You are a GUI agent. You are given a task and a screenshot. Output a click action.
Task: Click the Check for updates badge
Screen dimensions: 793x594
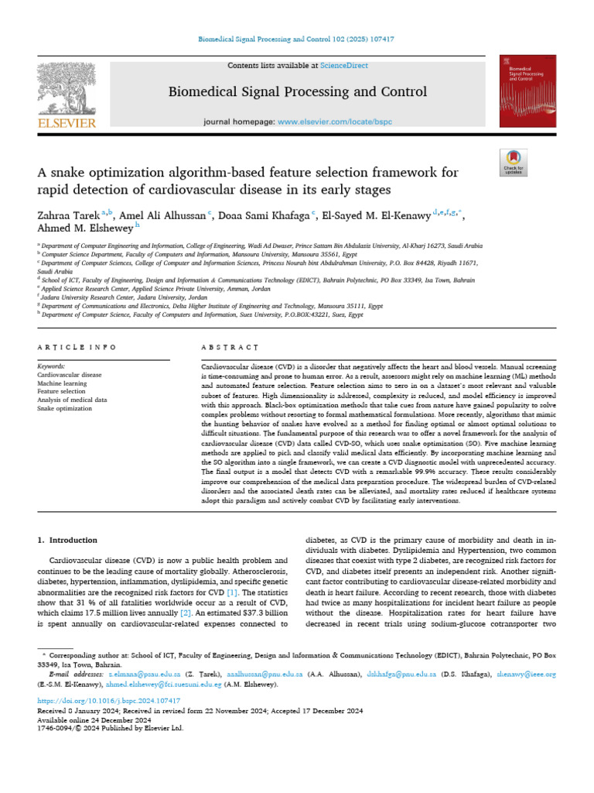(x=514, y=161)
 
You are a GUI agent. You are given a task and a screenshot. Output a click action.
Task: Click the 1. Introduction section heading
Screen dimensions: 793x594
(x=67, y=540)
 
